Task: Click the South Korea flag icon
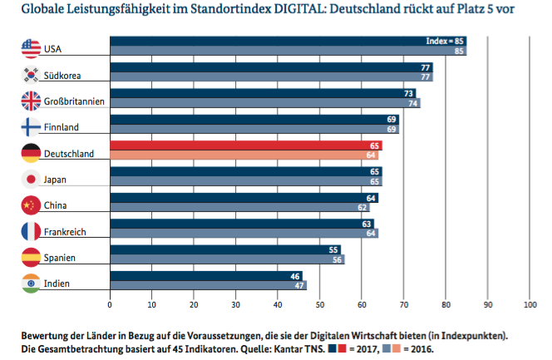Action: pos(31,75)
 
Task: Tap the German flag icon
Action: pos(31,153)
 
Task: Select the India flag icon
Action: pos(31,283)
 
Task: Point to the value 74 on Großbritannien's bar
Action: pos(414,103)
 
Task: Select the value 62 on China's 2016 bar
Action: pos(363,207)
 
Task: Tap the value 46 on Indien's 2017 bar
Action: pos(295,275)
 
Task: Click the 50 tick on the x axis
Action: pos(319,305)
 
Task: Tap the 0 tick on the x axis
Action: pos(110,305)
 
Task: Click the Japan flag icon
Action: pos(31,179)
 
